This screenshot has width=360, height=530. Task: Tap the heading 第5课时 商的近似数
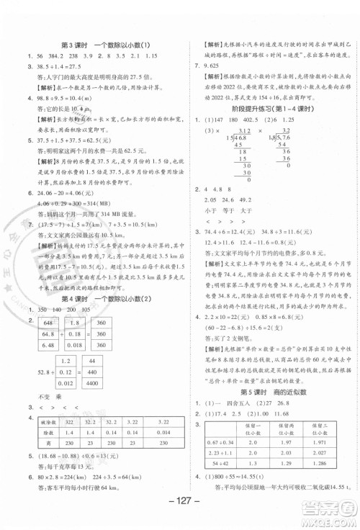point(271,391)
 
